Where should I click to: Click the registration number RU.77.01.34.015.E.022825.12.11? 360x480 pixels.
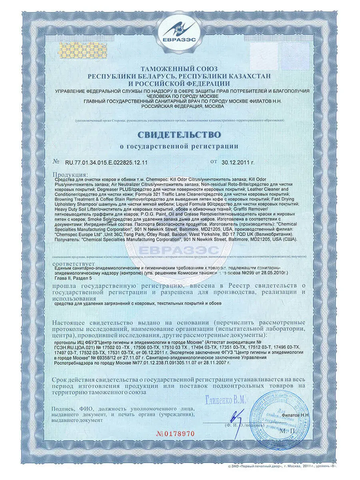coord(106,162)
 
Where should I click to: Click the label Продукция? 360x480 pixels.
coord(70,175)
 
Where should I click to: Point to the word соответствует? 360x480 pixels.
coord(74,264)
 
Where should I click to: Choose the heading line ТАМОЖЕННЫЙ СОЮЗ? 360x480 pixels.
coord(179,69)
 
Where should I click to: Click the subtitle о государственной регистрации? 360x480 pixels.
coord(179,146)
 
